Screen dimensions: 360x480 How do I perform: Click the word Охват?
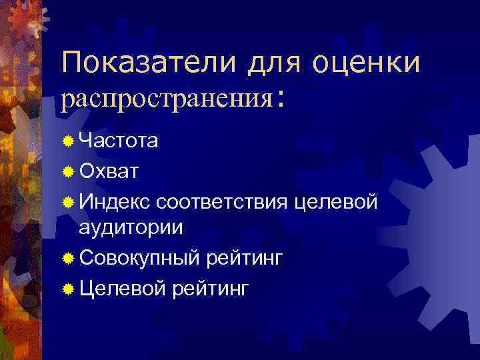coord(109,171)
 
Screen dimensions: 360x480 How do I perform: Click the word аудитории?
coord(131,227)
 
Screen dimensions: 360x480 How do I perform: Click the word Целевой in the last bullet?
coord(122,288)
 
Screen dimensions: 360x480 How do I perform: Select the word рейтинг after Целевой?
coord(211,288)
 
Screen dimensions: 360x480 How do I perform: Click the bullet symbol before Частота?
coord(68,142)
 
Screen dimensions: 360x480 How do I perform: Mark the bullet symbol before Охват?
coord(68,171)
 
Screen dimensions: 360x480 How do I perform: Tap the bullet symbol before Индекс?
coord(68,200)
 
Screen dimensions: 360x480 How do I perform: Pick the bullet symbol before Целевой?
coord(68,289)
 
